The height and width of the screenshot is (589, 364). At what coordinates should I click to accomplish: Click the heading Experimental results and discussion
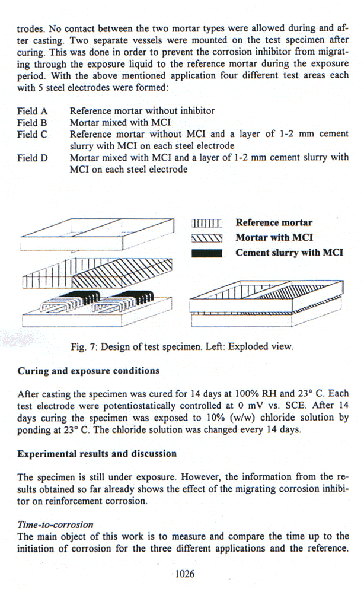coord(97,453)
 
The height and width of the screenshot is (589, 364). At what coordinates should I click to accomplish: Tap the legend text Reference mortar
coord(274,223)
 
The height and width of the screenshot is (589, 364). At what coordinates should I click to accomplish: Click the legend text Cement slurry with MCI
coord(289,253)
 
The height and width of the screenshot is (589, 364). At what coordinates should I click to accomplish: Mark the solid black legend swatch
coord(207,254)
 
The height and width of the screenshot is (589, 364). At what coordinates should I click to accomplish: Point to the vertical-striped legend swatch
coord(207,224)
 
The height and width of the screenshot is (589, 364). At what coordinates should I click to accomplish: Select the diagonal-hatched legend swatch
coord(207,239)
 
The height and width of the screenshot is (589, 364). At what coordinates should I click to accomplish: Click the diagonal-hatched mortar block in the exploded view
coord(127,272)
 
